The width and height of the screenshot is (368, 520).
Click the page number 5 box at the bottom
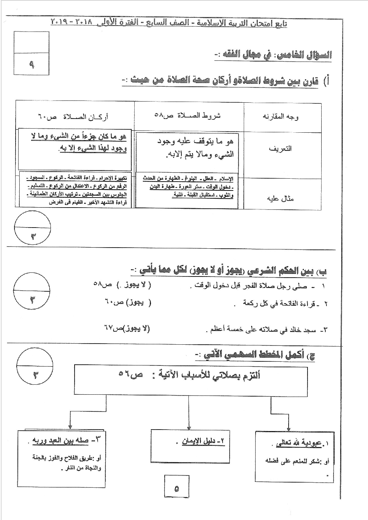coord(176,488)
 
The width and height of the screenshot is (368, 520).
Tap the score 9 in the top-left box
coord(31,64)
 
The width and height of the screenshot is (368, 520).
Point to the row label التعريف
coord(282,148)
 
